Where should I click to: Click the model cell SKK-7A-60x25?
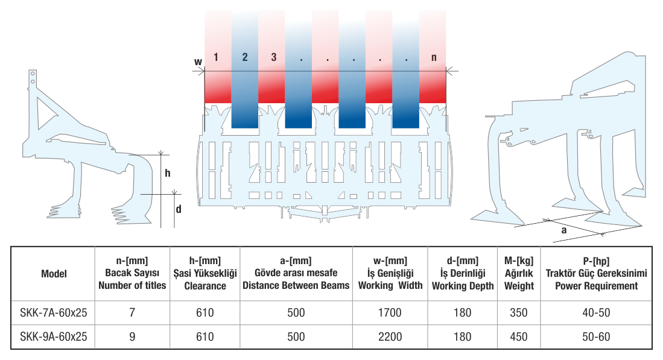(54, 313)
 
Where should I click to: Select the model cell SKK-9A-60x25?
(54, 336)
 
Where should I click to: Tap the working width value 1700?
(390, 313)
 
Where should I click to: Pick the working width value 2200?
(390, 336)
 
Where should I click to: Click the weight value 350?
(519, 313)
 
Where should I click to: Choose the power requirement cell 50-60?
(596, 336)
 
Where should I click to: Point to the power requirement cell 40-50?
(596, 313)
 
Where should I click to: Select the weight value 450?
(519, 336)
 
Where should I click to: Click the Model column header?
(54, 274)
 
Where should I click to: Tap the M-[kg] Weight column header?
(519, 273)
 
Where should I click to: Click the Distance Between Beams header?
(296, 286)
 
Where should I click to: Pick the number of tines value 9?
(132, 336)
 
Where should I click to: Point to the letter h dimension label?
(168, 173)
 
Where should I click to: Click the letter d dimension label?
(179, 209)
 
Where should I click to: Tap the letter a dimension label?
(563, 230)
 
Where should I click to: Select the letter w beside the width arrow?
(198, 62)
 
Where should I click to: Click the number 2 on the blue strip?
(245, 57)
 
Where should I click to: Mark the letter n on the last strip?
(434, 57)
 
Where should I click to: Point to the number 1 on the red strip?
(216, 57)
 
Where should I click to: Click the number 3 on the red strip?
(273, 57)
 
